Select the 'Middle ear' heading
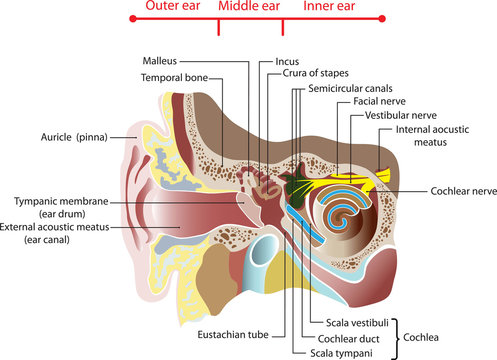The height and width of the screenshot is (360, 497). coord(249,7)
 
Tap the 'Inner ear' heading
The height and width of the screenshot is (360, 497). coord(330,7)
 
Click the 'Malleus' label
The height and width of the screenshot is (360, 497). coord(160,61)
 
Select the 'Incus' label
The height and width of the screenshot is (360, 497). coord(287,61)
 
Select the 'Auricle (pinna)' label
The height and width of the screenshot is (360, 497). coord(75,137)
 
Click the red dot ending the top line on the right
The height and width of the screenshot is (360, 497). coord(383,20)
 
